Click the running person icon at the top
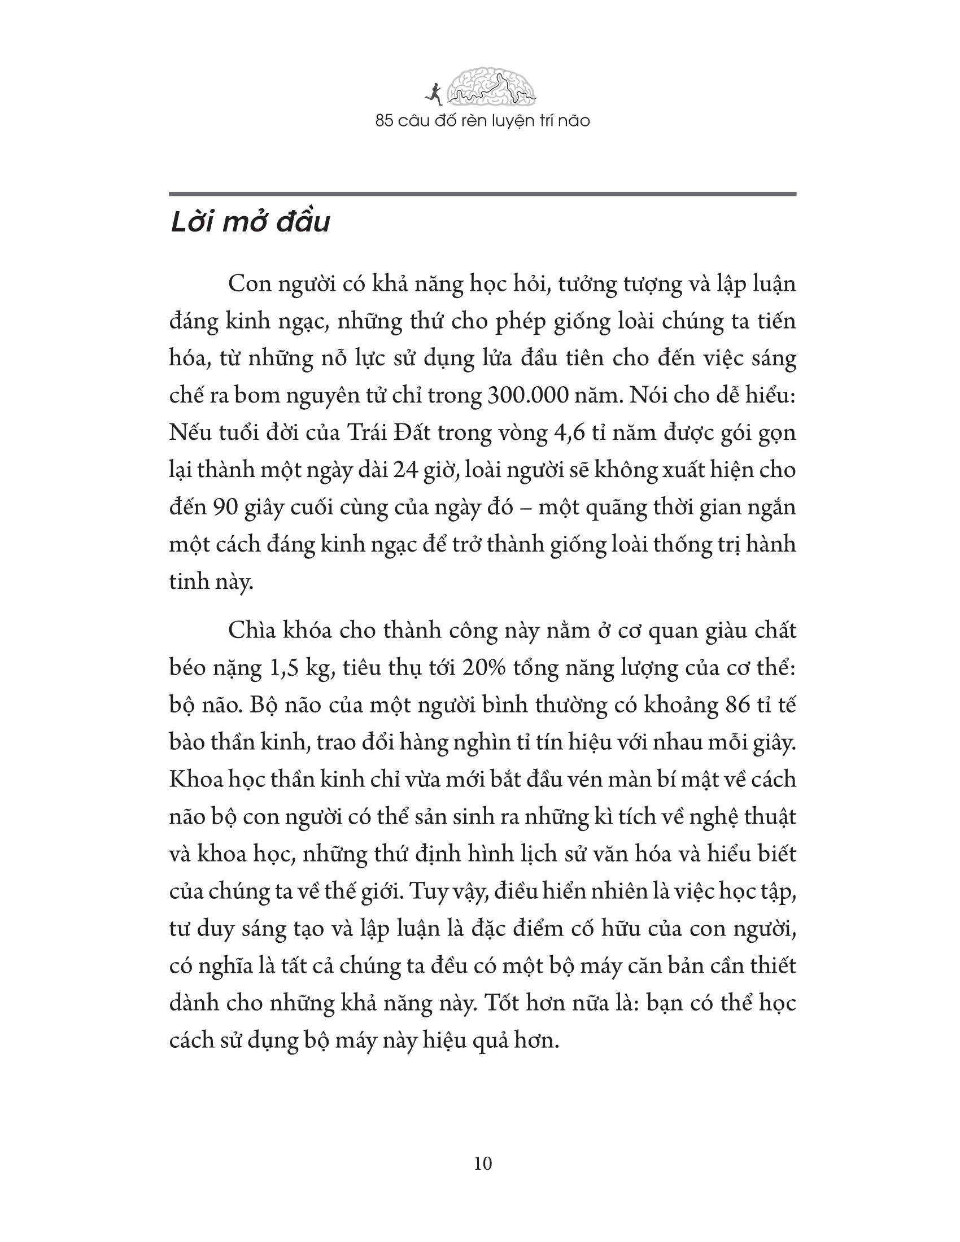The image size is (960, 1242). click(x=433, y=94)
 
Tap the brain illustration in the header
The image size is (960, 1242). click(x=491, y=86)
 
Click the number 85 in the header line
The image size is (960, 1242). click(x=385, y=121)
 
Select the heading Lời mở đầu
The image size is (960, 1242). click(x=250, y=222)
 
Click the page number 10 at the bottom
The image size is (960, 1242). click(x=482, y=1164)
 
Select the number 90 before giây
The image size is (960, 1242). click(x=226, y=508)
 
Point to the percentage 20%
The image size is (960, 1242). click(x=483, y=668)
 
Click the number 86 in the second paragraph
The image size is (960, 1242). click(x=739, y=705)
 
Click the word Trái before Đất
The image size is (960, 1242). click(x=366, y=433)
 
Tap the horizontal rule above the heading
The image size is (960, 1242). click(x=482, y=195)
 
